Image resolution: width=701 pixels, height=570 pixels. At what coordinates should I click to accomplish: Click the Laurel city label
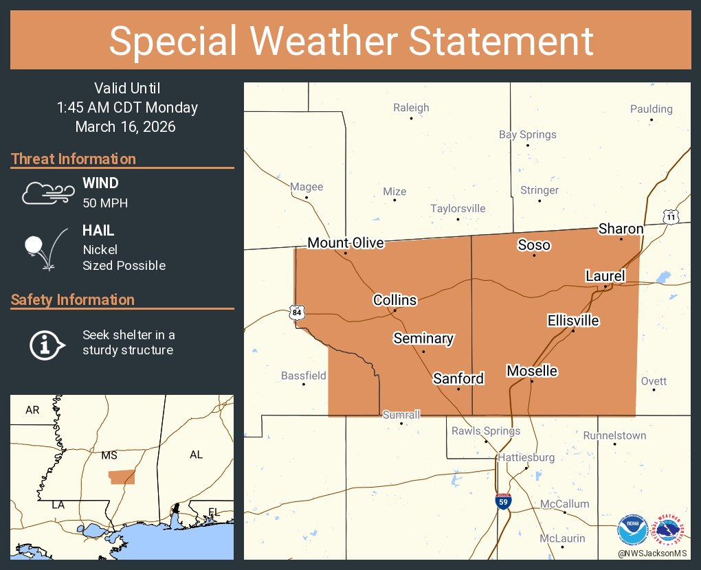(605, 276)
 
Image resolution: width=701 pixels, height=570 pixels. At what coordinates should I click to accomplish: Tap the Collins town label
(394, 300)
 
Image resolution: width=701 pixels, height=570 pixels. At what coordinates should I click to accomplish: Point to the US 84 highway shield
(296, 313)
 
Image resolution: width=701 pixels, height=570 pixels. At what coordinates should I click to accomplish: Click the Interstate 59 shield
(503, 501)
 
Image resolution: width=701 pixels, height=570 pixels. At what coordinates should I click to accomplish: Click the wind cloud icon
(47, 193)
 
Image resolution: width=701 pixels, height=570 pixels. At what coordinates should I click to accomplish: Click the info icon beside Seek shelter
(46, 343)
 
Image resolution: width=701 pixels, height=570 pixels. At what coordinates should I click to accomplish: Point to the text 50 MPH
(105, 203)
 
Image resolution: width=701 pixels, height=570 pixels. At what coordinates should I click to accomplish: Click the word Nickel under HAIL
(100, 250)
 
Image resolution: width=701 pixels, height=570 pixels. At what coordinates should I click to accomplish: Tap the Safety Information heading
(73, 300)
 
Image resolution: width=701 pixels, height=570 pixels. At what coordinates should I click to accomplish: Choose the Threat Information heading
(74, 159)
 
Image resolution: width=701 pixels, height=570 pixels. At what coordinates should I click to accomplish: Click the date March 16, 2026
(125, 127)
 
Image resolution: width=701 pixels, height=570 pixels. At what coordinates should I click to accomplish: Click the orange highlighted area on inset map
(122, 477)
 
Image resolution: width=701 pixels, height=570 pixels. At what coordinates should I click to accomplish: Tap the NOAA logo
(632, 531)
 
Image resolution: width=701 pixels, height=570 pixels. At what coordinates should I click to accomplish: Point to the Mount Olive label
(346, 243)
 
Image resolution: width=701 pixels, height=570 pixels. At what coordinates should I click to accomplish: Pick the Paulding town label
(651, 109)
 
